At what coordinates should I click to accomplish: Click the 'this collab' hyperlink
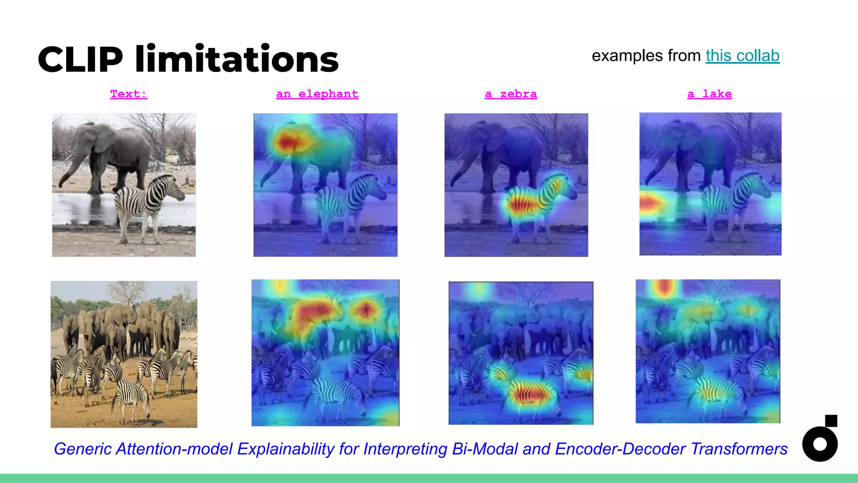[x=742, y=56]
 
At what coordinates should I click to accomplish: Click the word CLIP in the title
[x=80, y=60]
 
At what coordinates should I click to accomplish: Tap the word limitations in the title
[x=237, y=60]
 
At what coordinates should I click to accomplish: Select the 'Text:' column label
[x=129, y=94]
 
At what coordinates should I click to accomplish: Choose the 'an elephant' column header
[x=317, y=94]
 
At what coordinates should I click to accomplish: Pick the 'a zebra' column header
[x=511, y=94]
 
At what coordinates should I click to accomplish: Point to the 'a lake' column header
[x=709, y=94]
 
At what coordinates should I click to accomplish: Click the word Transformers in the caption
[x=739, y=449]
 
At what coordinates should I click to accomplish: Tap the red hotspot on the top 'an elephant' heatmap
[x=288, y=143]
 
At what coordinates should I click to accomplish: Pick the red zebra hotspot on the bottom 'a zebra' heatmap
[x=530, y=394]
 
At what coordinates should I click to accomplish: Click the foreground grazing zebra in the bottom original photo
[x=132, y=398]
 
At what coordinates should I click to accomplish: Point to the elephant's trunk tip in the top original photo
[x=61, y=184]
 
